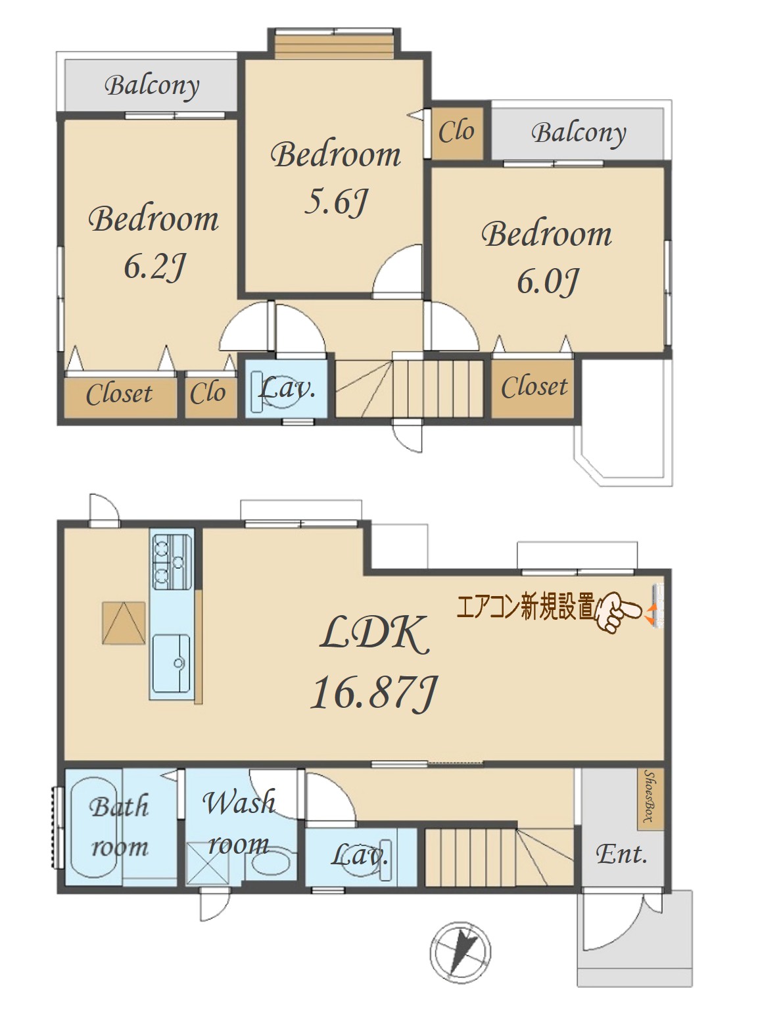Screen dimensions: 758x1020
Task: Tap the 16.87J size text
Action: [x=373, y=693]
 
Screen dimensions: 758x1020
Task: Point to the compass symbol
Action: [x=460, y=952]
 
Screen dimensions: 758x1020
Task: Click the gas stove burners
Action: [x=172, y=561]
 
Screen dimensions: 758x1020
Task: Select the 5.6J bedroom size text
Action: [x=337, y=202]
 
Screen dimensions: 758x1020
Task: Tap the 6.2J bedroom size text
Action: [x=154, y=267]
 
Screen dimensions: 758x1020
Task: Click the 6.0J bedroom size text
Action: [x=547, y=281]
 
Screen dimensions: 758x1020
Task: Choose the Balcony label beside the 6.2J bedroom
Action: [x=152, y=87]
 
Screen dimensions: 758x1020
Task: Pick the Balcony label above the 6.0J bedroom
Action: [x=579, y=134]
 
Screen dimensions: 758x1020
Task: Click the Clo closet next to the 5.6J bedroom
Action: [x=457, y=133]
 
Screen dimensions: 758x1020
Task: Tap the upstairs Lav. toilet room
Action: [x=286, y=388]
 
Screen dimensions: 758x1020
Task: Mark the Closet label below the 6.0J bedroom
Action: [x=534, y=386]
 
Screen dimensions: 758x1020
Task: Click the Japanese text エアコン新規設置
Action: [x=526, y=607]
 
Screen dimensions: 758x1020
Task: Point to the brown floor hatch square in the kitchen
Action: [x=124, y=622]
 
